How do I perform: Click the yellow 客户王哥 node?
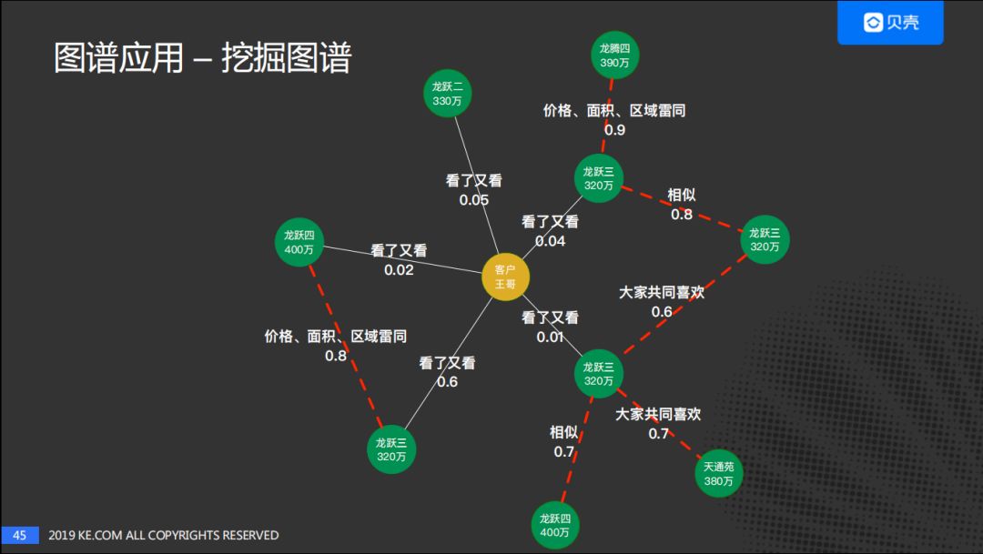click(x=505, y=277)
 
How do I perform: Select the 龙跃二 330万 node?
click(x=447, y=94)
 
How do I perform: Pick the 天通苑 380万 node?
click(x=718, y=473)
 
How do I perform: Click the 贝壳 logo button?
click(x=890, y=23)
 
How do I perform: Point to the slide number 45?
click(x=19, y=535)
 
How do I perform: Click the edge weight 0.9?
click(x=614, y=130)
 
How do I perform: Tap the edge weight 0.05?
click(x=473, y=200)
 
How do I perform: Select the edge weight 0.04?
click(x=550, y=241)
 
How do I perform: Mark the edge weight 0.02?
click(x=399, y=270)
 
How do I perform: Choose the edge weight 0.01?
click(x=550, y=337)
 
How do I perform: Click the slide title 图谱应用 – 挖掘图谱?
click(x=202, y=57)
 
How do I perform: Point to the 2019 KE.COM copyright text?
click(x=164, y=535)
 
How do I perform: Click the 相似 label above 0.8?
click(x=682, y=195)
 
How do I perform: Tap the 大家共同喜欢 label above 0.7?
click(x=658, y=415)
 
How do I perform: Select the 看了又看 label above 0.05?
click(x=473, y=181)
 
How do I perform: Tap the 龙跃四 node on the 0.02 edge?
click(x=300, y=242)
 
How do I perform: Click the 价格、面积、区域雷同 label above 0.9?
click(x=614, y=111)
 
